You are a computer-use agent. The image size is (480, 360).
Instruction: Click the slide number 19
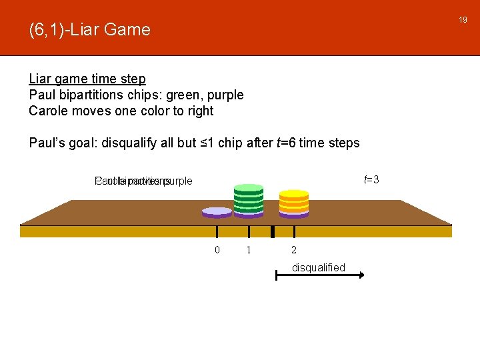(463, 21)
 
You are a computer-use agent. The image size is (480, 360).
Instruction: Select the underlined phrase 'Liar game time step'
(87, 79)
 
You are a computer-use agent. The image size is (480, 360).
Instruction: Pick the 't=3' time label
(371, 179)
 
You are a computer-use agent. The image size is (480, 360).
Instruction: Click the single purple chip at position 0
(217, 211)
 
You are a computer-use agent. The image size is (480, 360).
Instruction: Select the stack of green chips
(249, 201)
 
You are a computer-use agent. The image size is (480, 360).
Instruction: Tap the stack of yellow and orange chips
(294, 204)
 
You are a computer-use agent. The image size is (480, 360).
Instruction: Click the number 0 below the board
(217, 250)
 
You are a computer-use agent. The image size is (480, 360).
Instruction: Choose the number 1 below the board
(249, 250)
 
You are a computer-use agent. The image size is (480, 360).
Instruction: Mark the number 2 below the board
(294, 250)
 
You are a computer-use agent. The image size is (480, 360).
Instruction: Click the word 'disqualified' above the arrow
(319, 267)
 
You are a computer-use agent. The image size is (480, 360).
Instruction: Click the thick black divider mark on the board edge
(273, 231)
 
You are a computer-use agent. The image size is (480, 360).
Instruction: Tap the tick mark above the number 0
(217, 231)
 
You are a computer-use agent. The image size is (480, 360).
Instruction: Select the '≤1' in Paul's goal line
(208, 143)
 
